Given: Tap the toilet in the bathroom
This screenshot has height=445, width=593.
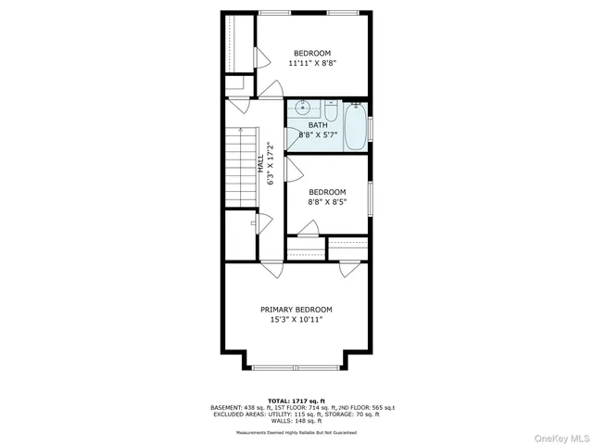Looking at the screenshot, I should (x=330, y=108).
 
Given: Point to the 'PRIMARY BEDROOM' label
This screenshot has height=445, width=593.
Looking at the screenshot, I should (x=296, y=310).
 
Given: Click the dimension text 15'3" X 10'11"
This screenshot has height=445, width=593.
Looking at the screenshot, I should (x=296, y=321).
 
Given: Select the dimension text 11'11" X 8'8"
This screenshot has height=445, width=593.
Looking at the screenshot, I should (x=312, y=64).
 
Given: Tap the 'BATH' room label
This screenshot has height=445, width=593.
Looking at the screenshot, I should (x=318, y=125).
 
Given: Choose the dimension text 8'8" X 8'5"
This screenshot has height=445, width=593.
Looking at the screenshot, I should (x=327, y=204).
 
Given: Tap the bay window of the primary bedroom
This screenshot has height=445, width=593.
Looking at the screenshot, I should (x=296, y=367).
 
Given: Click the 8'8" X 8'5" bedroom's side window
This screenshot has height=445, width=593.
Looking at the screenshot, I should (x=370, y=197).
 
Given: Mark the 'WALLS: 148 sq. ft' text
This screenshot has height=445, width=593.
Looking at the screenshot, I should (x=296, y=420).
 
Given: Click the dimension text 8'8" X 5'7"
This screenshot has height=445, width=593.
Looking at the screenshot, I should (x=318, y=136).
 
